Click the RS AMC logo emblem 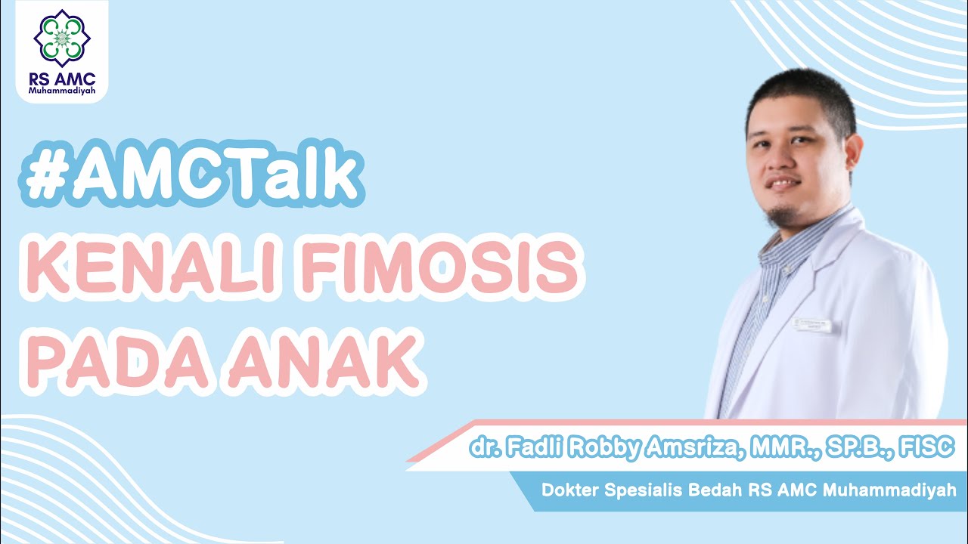point(62,39)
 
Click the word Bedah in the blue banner point(715,490)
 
